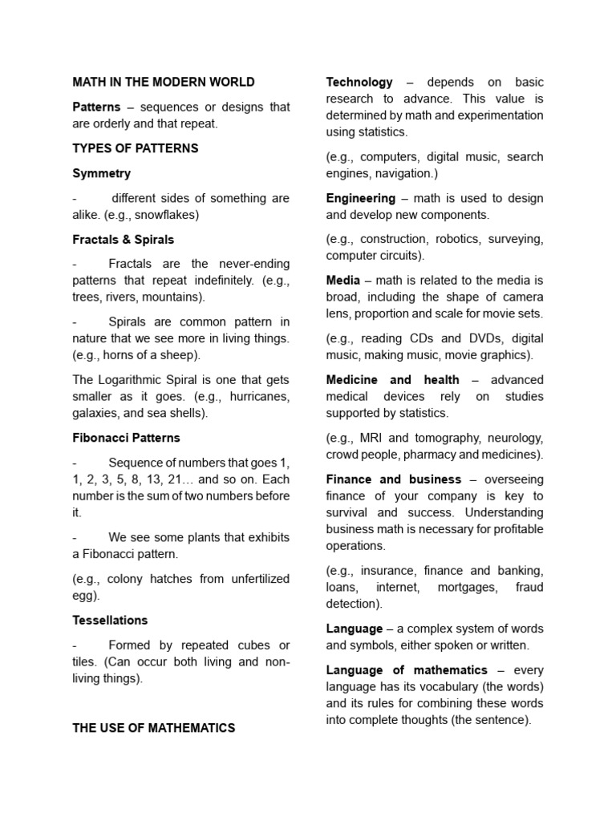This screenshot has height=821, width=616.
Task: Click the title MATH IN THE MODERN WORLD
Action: [164, 82]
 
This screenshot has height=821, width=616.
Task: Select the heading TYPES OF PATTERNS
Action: [136, 148]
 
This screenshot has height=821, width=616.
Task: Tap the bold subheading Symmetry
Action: [101, 173]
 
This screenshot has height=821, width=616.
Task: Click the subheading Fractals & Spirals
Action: [123, 240]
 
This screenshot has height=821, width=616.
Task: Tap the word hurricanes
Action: [254, 397]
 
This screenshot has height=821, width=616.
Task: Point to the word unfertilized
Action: [251, 579]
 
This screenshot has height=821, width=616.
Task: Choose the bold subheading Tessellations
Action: [110, 621]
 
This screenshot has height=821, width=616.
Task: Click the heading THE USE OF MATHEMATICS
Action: [154, 728]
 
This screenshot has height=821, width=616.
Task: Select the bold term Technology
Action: [359, 82]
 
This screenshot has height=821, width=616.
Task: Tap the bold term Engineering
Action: [361, 198]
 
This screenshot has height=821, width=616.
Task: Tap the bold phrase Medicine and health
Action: [393, 380]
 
